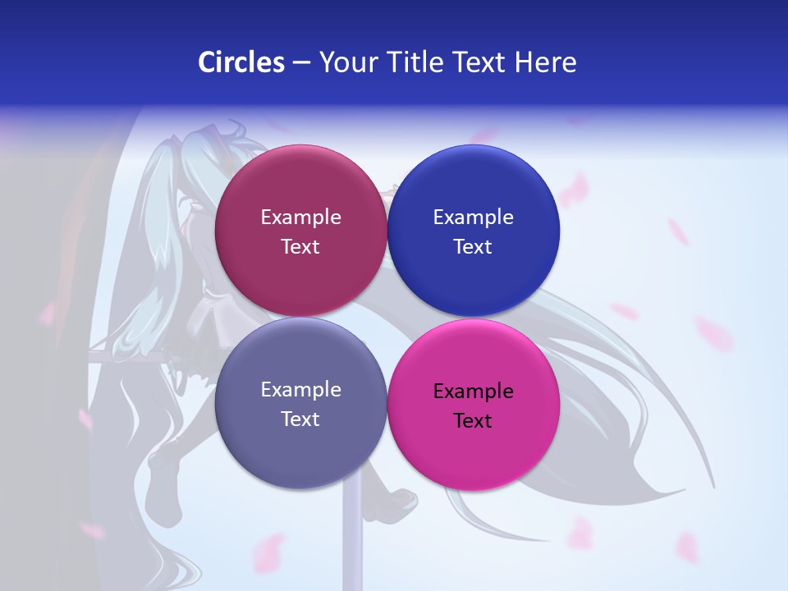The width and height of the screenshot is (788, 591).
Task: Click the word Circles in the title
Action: tap(241, 62)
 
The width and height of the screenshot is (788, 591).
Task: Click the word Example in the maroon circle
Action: tap(300, 218)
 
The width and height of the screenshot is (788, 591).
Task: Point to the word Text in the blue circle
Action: tap(473, 247)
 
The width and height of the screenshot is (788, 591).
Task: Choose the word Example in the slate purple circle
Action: tap(300, 390)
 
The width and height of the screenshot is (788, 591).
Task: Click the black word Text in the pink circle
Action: tap(473, 421)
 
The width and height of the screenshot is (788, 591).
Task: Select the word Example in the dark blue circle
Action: tap(473, 218)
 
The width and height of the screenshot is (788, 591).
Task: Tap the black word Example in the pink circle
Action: tap(473, 392)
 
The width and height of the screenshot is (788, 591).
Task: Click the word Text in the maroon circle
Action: tap(300, 247)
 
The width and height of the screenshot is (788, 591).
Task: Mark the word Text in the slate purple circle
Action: tap(300, 419)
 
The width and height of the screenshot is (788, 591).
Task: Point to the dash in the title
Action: tap(301, 63)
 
